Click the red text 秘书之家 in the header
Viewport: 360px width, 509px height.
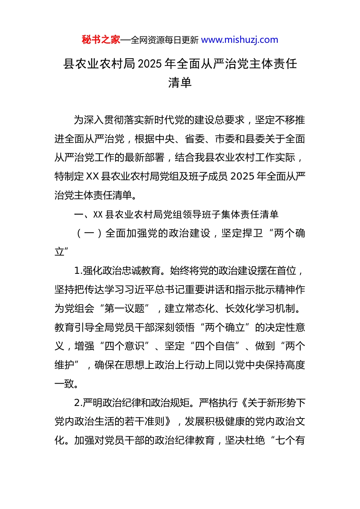coord(101,40)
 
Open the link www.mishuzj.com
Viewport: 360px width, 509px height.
coord(239,40)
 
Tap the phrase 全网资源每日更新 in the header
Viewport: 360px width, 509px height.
coord(164,40)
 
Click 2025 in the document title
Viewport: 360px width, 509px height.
coord(150,64)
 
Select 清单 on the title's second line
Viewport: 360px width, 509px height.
coord(180,83)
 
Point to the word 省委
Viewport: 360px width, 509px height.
coord(195,139)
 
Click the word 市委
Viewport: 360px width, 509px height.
coord(225,139)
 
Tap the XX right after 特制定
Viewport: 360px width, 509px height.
coord(92,176)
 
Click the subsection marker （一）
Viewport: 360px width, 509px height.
coord(89,233)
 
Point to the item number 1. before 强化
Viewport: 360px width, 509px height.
coord(78,271)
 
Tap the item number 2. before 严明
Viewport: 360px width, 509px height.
coord(78,403)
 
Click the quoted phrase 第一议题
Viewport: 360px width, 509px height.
coord(124,309)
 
